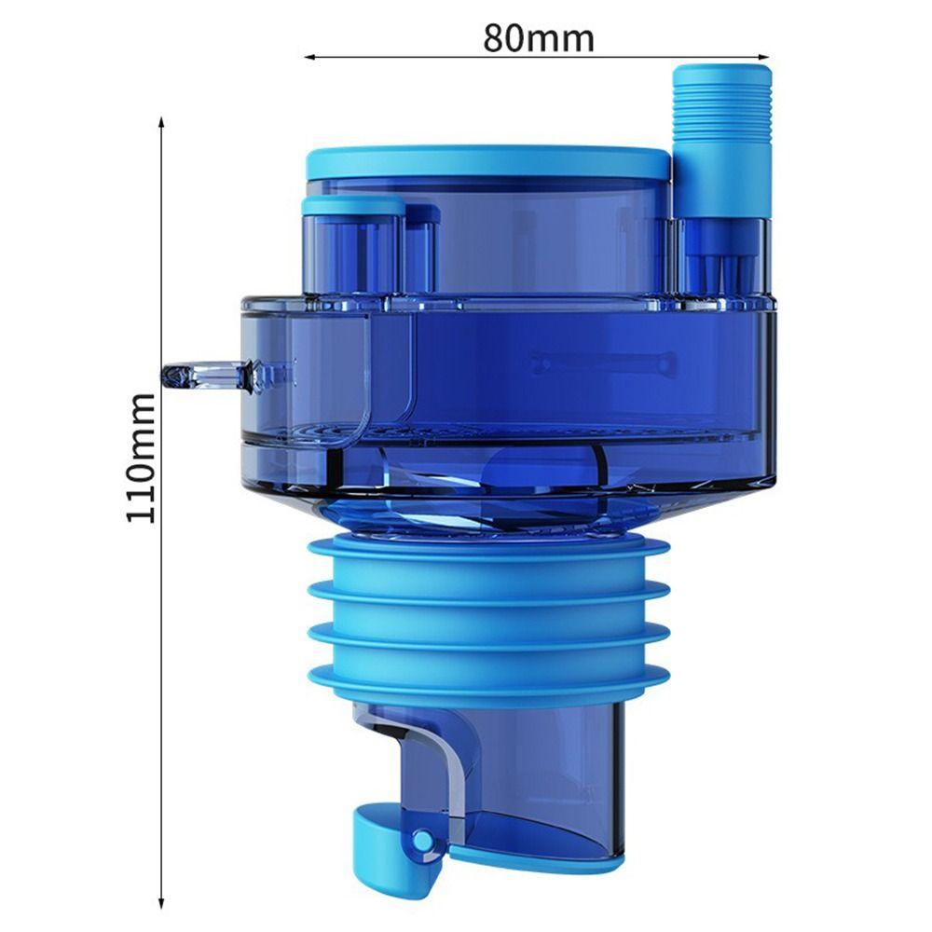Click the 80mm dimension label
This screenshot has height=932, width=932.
point(538,38)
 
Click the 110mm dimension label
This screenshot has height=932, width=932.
point(141,458)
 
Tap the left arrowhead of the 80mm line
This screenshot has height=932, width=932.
point(309,57)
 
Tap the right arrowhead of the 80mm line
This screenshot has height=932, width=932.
point(764,57)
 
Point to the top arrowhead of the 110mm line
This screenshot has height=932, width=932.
point(160,122)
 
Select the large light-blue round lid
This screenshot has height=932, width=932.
point(488,162)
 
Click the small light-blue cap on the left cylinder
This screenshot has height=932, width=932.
point(353,206)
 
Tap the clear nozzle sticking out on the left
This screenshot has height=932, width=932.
point(205,377)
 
